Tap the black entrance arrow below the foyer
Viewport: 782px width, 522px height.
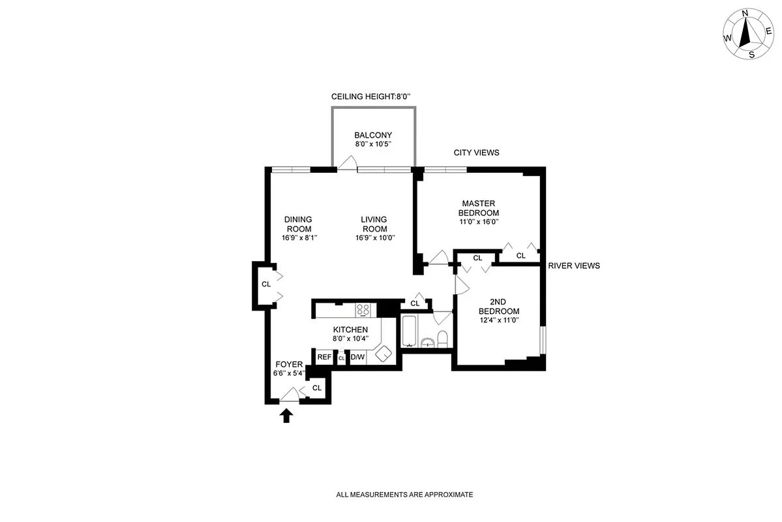pyautogui.click(x=286, y=416)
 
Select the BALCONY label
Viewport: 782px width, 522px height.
pyautogui.click(x=373, y=135)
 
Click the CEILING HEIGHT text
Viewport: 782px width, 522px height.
pyautogui.click(x=370, y=97)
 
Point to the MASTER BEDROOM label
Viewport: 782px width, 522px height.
pyautogui.click(x=479, y=208)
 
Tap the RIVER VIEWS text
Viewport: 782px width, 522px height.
pyautogui.click(x=574, y=266)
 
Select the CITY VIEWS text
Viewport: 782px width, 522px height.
pyautogui.click(x=476, y=153)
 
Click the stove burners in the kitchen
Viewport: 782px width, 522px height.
pyautogui.click(x=363, y=310)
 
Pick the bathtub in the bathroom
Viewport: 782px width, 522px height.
pyautogui.click(x=408, y=331)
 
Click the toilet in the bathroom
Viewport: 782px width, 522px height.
pyautogui.click(x=442, y=339)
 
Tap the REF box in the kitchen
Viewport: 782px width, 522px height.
pyautogui.click(x=324, y=357)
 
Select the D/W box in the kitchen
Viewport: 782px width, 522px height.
pyautogui.click(x=357, y=357)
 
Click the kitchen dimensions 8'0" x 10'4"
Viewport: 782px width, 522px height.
pyautogui.click(x=350, y=338)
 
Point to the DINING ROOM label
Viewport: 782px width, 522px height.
pyautogui.click(x=297, y=224)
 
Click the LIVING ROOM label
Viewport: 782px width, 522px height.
pyautogui.click(x=374, y=224)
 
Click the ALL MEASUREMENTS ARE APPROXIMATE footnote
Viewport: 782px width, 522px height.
pyautogui.click(x=404, y=495)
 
